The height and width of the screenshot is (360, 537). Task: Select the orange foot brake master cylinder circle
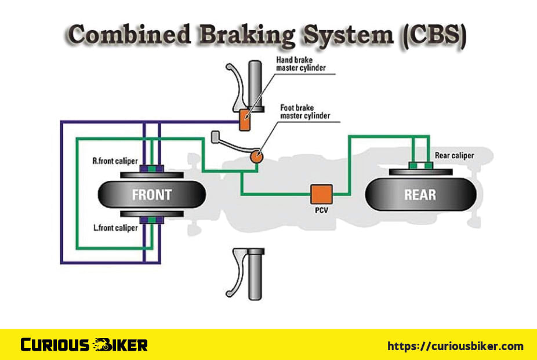[256, 156]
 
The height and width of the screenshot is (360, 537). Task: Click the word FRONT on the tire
[152, 194]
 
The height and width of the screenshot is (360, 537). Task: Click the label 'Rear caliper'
[454, 155]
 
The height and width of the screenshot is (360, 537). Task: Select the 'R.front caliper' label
[115, 160]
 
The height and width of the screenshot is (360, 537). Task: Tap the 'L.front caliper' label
[115, 228]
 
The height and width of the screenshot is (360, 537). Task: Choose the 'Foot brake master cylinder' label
[305, 111]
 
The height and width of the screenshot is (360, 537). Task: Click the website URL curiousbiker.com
[455, 346]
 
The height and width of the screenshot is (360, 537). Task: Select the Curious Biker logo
[84, 345]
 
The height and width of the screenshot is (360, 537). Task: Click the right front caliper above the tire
[152, 169]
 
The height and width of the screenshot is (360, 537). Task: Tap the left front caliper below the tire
[152, 220]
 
